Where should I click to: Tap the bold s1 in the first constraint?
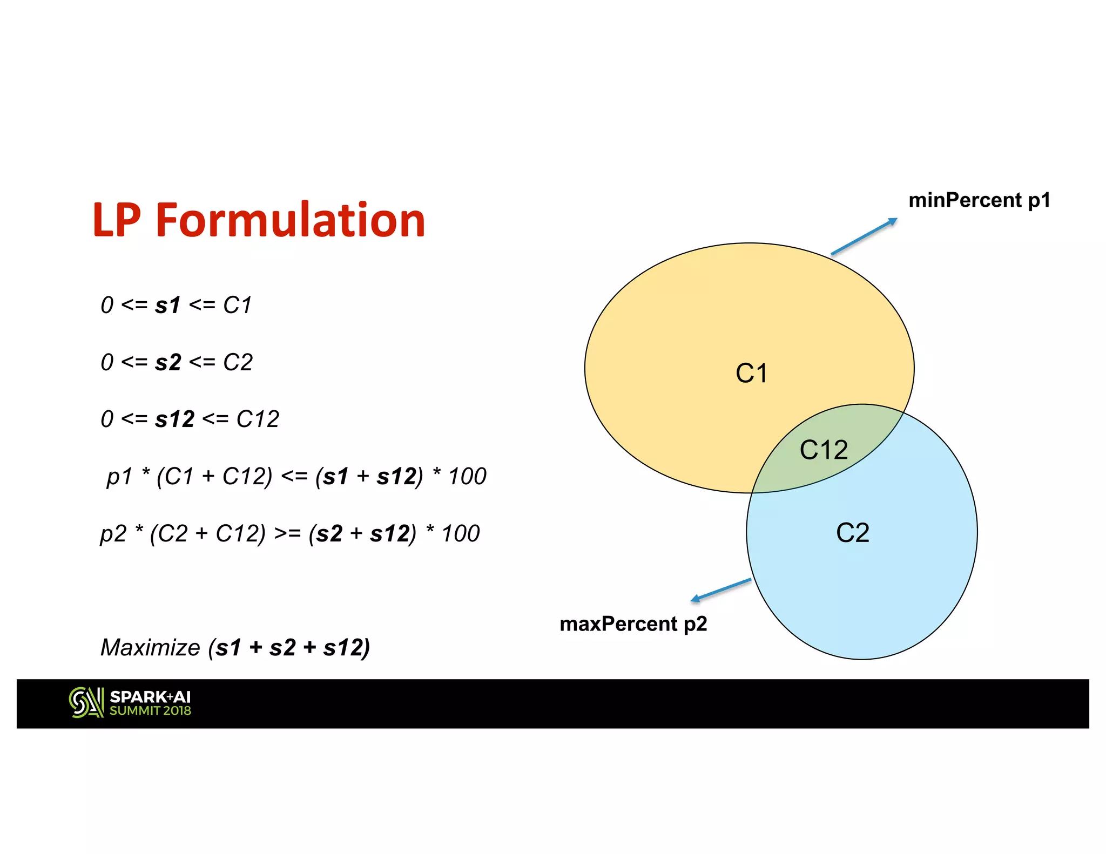point(167,306)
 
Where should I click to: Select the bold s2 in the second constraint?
point(168,362)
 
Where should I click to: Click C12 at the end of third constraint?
point(258,419)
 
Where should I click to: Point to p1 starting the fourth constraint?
point(119,477)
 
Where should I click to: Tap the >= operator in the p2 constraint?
point(287,534)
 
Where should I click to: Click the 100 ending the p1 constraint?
point(468,477)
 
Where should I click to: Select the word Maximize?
point(150,647)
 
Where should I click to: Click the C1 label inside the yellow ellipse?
point(751,374)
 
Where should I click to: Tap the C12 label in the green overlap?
point(824,450)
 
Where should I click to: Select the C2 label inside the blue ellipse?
point(853,533)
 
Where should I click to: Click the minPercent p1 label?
point(979,200)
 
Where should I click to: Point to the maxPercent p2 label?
point(633,624)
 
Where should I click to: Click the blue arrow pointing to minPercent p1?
point(864,236)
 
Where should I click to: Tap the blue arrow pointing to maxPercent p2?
point(721,590)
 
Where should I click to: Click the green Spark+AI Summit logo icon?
point(86,702)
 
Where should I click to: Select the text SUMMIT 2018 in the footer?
point(150,711)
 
